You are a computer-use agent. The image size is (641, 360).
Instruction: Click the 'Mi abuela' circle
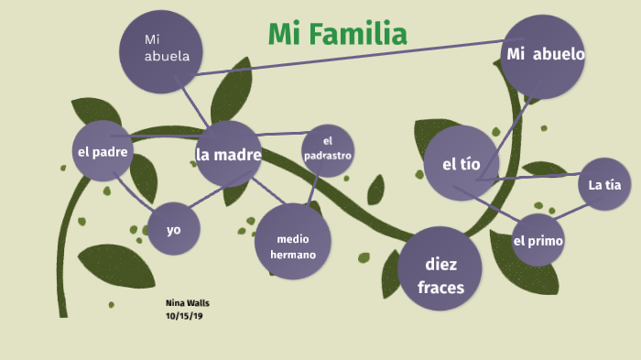point(161,50)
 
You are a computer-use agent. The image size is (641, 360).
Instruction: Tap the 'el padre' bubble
point(102,151)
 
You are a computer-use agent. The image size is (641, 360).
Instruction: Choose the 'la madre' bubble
point(229,154)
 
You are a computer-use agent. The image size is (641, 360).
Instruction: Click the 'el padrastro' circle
point(327,149)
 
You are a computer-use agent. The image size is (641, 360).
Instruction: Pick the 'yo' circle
point(174,228)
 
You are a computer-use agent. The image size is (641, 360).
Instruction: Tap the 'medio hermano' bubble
point(293,241)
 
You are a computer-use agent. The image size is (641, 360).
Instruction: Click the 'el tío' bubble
point(462,164)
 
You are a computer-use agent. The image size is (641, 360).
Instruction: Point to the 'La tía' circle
point(605,184)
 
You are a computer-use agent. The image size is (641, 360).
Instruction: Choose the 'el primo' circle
point(538,241)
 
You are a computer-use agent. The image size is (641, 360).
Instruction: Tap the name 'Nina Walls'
point(187,302)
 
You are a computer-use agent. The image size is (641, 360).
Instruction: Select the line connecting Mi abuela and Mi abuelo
point(348,56)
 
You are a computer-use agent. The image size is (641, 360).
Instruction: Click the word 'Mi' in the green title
point(285,35)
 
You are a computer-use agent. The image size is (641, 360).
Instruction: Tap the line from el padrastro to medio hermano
point(313,188)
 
